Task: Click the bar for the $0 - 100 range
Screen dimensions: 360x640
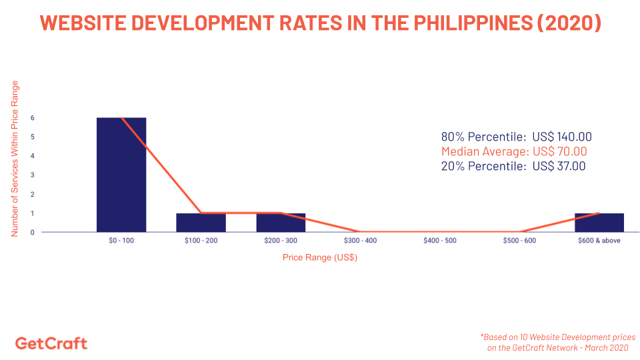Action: click(x=121, y=175)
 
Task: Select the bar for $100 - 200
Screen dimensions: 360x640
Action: click(x=201, y=223)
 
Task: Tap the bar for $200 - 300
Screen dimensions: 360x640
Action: click(x=281, y=223)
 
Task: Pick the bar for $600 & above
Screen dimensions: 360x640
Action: click(x=599, y=223)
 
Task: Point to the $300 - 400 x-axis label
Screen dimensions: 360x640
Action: click(x=360, y=241)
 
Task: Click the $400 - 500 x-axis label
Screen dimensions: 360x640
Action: click(x=440, y=241)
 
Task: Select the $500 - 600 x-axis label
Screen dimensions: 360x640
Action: click(x=519, y=241)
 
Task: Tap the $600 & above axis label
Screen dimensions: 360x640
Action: click(x=599, y=241)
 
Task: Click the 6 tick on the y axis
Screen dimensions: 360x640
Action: click(x=32, y=118)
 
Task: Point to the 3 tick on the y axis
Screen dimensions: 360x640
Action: click(x=32, y=175)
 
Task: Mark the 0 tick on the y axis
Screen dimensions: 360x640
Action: click(x=32, y=233)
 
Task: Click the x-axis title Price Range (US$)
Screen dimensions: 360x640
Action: click(x=320, y=257)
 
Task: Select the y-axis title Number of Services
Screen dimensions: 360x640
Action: click(x=15, y=159)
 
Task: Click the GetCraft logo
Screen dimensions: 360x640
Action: click(x=51, y=343)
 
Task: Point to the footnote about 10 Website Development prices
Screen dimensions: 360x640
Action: click(x=557, y=343)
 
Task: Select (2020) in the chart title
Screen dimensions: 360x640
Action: click(x=569, y=23)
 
